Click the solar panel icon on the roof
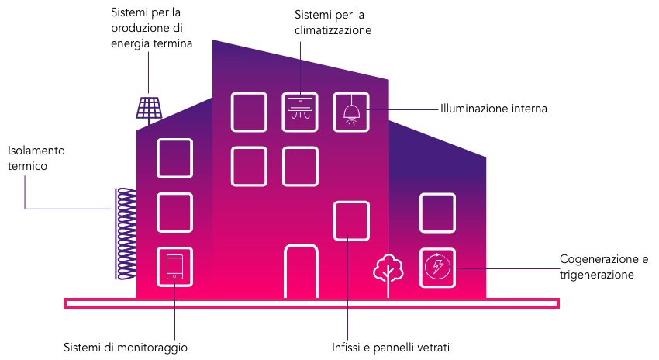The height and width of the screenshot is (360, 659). (149, 108)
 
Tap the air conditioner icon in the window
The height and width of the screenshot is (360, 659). (300, 109)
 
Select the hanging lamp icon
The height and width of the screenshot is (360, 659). (351, 112)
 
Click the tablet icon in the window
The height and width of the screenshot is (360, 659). (175, 267)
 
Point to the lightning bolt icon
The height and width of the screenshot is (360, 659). (437, 266)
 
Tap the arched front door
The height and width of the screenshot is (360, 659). (301, 272)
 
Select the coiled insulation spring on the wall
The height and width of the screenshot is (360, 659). (126, 234)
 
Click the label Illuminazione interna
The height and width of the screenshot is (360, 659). (493, 109)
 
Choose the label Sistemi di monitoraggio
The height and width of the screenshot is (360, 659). (126, 348)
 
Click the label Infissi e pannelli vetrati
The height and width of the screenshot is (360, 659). (391, 348)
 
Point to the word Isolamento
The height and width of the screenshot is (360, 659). (36, 151)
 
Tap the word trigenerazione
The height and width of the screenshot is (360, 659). (596, 275)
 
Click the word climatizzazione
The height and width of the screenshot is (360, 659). (333, 30)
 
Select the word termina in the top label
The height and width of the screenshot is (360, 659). (172, 43)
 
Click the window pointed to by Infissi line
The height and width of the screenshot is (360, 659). (351, 221)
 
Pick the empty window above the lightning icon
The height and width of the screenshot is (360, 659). (437, 213)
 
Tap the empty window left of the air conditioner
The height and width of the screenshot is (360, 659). (249, 112)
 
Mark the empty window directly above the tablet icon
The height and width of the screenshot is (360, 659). (175, 213)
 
